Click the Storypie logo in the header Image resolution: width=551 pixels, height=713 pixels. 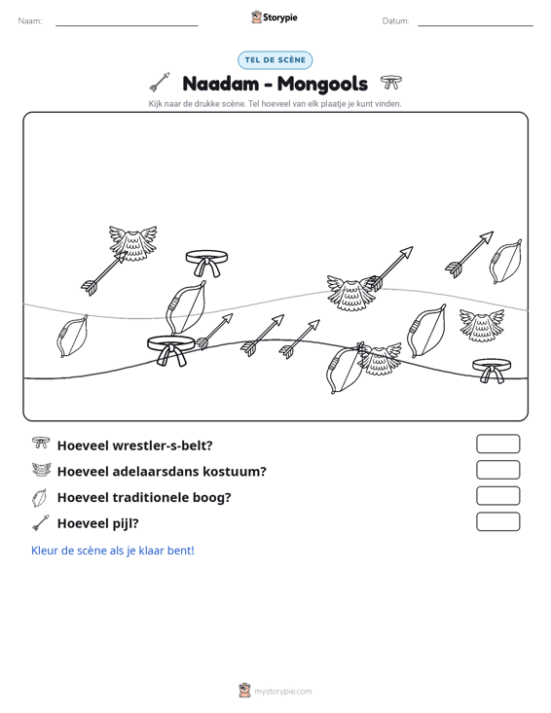point(275,18)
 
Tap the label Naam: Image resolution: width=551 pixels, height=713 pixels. point(30,21)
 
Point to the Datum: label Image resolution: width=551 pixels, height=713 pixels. point(395,21)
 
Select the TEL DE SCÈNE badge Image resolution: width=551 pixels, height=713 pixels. point(275,60)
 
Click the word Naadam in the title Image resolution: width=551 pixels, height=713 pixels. point(220,84)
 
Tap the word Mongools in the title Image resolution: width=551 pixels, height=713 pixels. point(322,84)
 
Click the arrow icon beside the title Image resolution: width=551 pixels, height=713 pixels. point(160,82)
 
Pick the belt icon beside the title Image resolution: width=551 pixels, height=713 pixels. point(390,82)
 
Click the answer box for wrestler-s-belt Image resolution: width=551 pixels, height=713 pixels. point(497,444)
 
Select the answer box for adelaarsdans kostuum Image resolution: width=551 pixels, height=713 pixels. point(497,470)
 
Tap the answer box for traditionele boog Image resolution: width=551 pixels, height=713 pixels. point(497,496)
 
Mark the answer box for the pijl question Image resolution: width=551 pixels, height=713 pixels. point(497,521)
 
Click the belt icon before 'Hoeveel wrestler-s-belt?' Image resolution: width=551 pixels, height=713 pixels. point(41,443)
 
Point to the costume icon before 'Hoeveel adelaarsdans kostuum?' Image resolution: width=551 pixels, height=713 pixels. point(41,469)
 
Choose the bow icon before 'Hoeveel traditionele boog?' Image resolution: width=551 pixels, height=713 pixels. point(40,497)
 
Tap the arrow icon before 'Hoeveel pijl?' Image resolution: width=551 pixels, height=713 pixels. point(41,523)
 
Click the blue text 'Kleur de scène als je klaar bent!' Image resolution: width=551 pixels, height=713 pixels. point(112,551)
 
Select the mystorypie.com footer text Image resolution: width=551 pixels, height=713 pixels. point(282,692)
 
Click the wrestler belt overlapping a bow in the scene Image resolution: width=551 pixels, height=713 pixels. point(171,349)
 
